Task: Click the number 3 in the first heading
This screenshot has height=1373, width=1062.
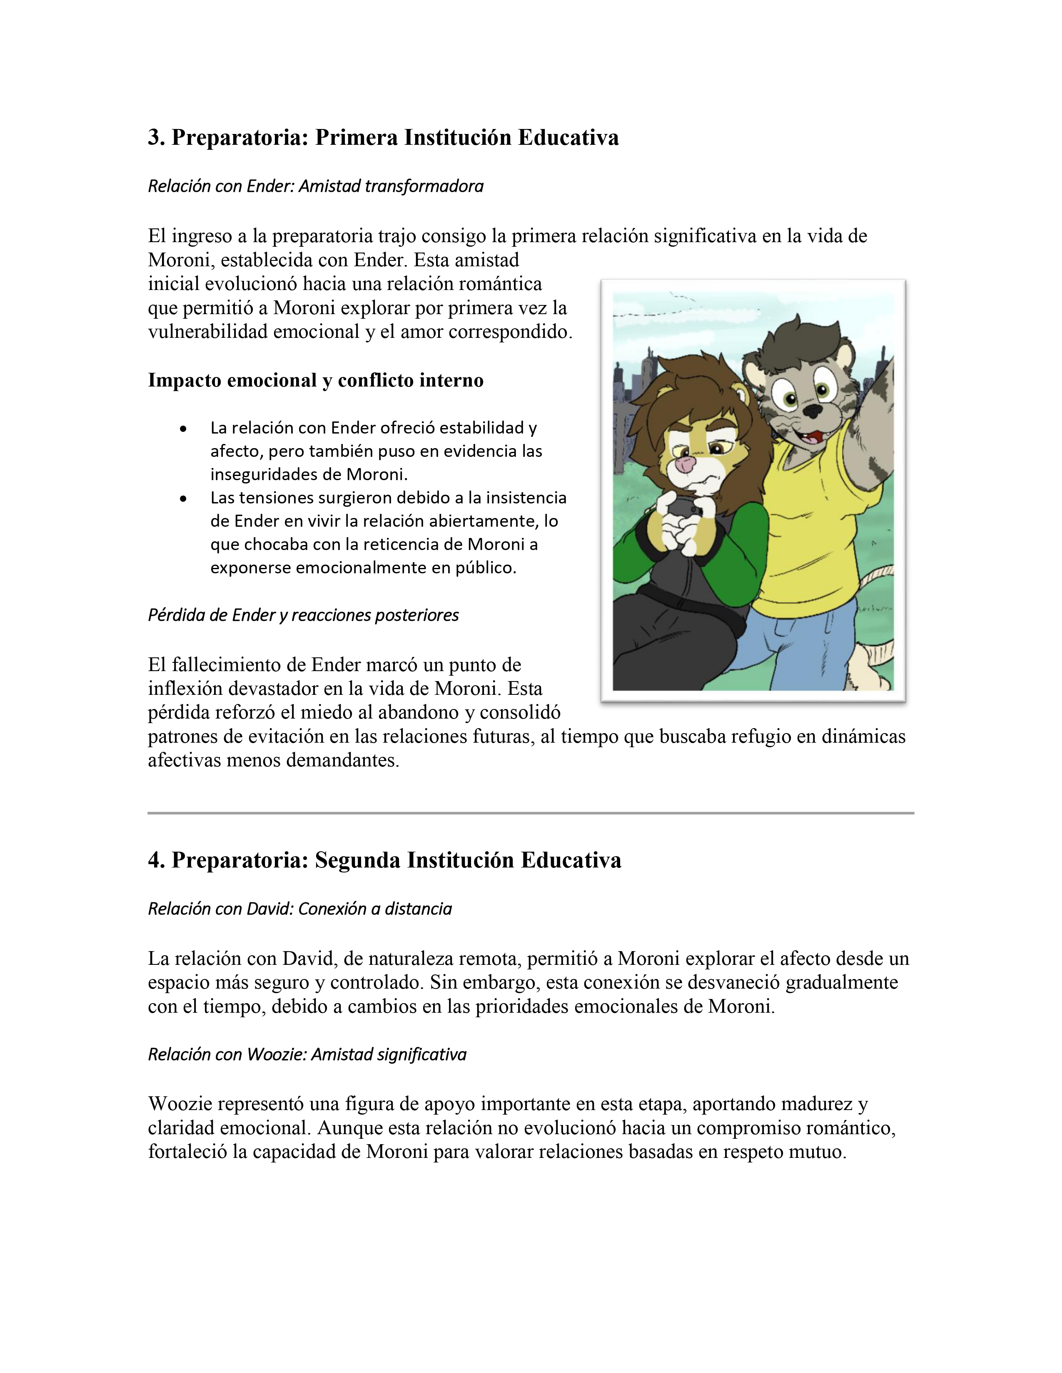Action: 154,138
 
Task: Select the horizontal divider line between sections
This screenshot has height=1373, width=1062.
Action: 530,813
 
